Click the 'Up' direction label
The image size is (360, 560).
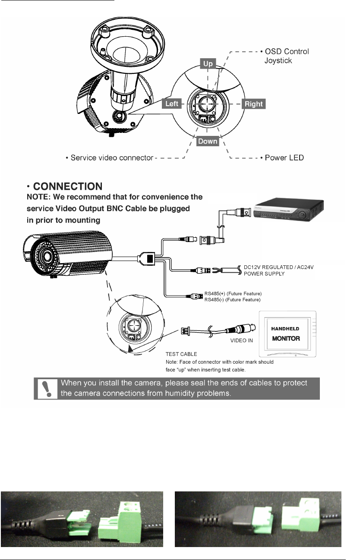(208, 63)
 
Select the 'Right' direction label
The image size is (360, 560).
(253, 104)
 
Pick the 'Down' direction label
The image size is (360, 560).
(208, 141)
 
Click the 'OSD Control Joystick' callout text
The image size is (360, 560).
(287, 56)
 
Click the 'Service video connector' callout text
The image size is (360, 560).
(108, 158)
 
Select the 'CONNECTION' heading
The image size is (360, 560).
(68, 187)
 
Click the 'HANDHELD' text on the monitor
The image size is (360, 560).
(285, 329)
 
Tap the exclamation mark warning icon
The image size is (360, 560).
(44, 388)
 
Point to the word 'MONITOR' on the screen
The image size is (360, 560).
(286, 339)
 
